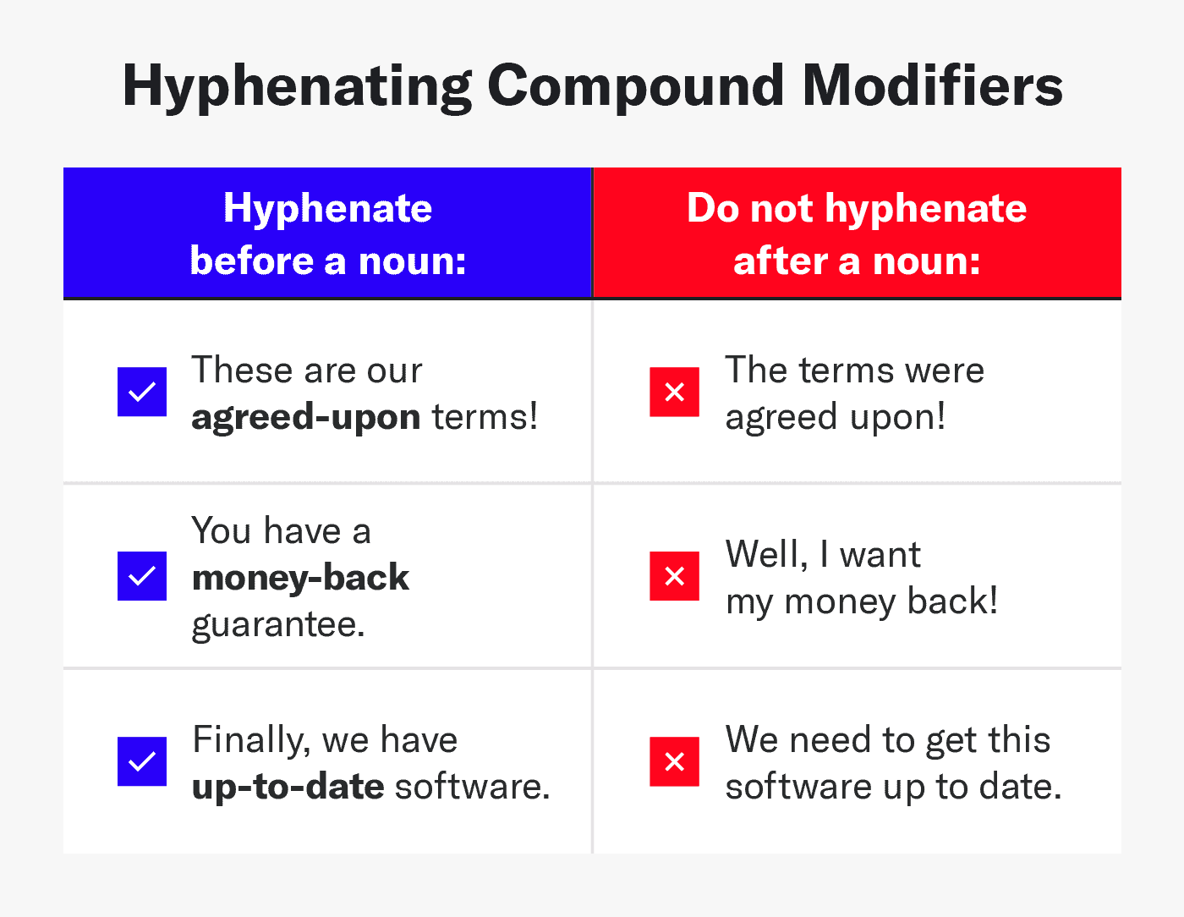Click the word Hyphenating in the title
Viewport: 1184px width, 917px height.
coord(297,87)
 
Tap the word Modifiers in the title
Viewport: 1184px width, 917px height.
coord(932,87)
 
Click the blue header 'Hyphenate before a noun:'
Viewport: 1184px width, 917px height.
coord(328,233)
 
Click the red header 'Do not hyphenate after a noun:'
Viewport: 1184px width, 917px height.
coord(857,233)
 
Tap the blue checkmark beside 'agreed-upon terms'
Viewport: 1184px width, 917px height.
coord(142,392)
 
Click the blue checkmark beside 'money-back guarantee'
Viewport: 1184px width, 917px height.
coord(142,576)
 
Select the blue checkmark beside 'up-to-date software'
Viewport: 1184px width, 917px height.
coord(142,761)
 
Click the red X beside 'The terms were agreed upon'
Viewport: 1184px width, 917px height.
coord(674,392)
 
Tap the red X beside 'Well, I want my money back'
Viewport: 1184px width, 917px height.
coord(674,576)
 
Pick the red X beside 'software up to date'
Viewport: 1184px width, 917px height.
coord(674,761)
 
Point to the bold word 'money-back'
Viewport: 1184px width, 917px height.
coord(300,578)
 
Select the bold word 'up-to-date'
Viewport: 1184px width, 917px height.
coord(288,787)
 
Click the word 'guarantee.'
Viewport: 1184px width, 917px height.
coord(278,625)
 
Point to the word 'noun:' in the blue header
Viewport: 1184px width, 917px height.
coord(412,261)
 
